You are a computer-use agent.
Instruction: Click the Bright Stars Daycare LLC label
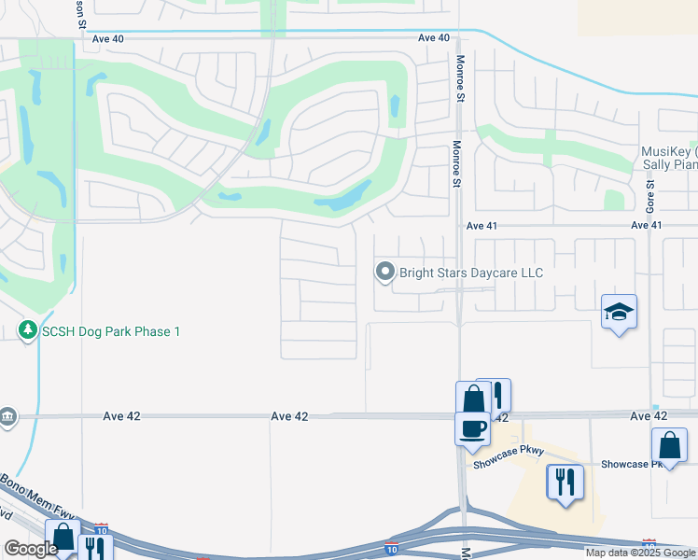tap(470, 273)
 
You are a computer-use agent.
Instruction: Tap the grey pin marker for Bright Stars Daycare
tap(384, 272)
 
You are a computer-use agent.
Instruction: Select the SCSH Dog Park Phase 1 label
tap(110, 331)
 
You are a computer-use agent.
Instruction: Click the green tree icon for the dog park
tap(28, 330)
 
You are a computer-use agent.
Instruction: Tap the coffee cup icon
tap(473, 427)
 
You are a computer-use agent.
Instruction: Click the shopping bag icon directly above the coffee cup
tap(472, 398)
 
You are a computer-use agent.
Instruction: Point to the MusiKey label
tap(669, 152)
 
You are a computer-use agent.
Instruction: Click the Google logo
tap(30, 549)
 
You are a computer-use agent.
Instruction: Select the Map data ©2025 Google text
tap(641, 553)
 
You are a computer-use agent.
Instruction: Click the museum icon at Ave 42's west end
tap(8, 415)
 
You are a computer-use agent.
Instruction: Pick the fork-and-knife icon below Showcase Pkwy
tap(565, 482)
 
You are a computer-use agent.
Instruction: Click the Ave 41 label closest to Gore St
tap(646, 225)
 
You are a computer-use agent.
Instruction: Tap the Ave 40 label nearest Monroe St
tap(434, 37)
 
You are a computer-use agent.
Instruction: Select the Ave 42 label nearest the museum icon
tap(120, 415)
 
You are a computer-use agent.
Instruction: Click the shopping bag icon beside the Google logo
tap(63, 538)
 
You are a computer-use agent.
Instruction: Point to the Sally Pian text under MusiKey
tap(669, 165)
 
